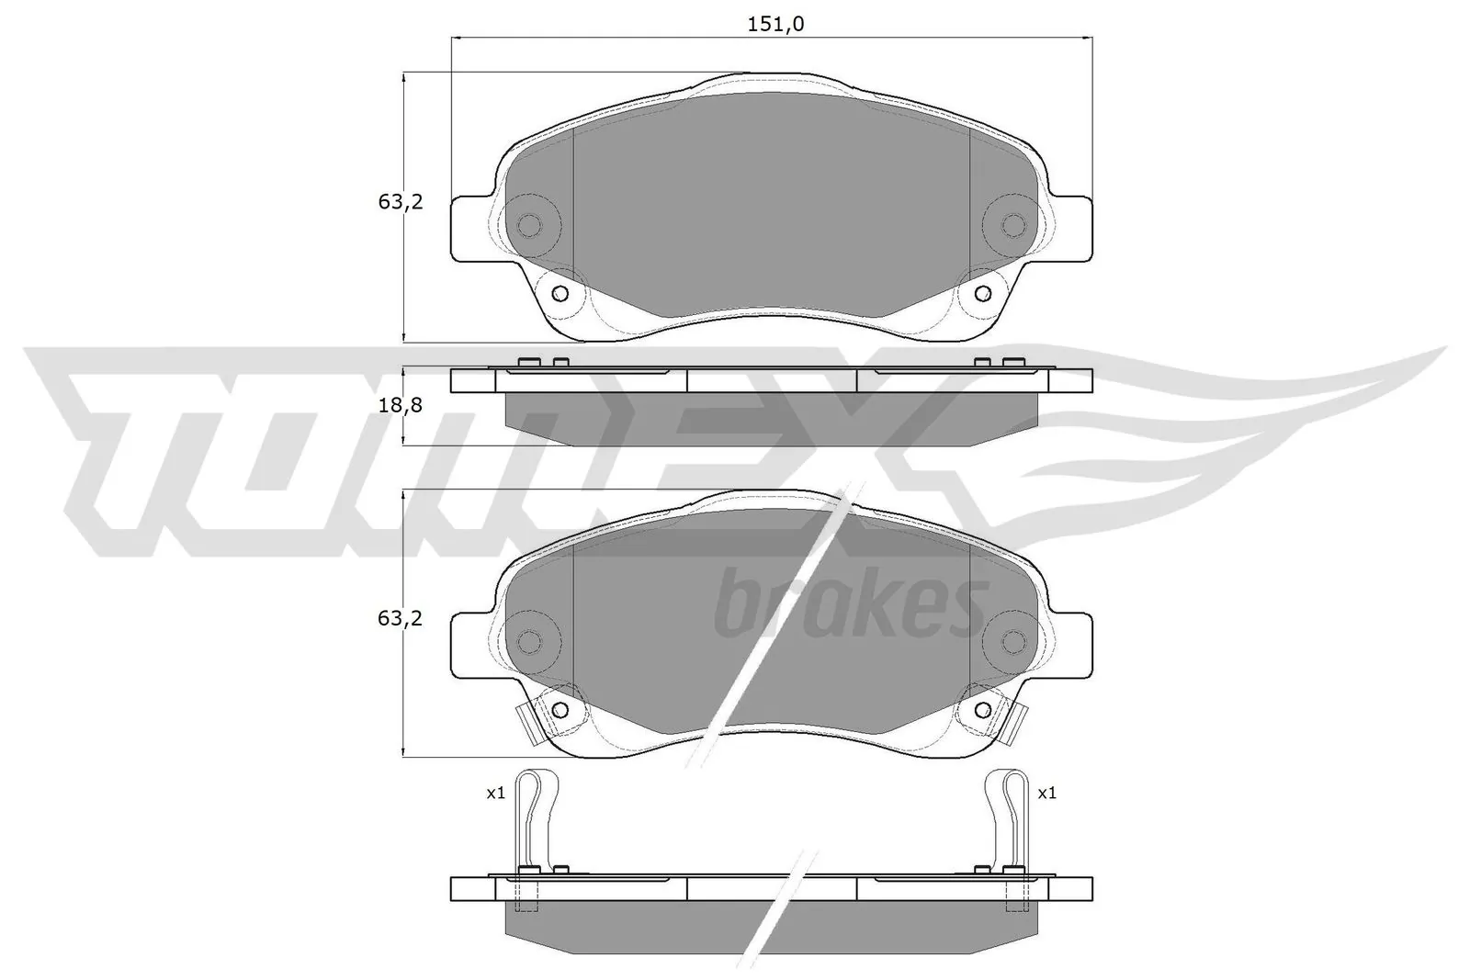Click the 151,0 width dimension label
point(775,25)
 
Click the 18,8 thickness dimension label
point(400,405)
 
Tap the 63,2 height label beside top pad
point(400,203)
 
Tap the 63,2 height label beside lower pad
point(400,618)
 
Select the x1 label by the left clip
point(495,793)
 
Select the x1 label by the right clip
point(1046,793)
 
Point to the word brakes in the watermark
point(845,605)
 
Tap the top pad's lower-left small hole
point(560,294)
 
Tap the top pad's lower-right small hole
point(983,294)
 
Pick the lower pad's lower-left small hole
point(560,709)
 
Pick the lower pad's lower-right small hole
point(983,709)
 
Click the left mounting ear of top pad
point(470,227)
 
